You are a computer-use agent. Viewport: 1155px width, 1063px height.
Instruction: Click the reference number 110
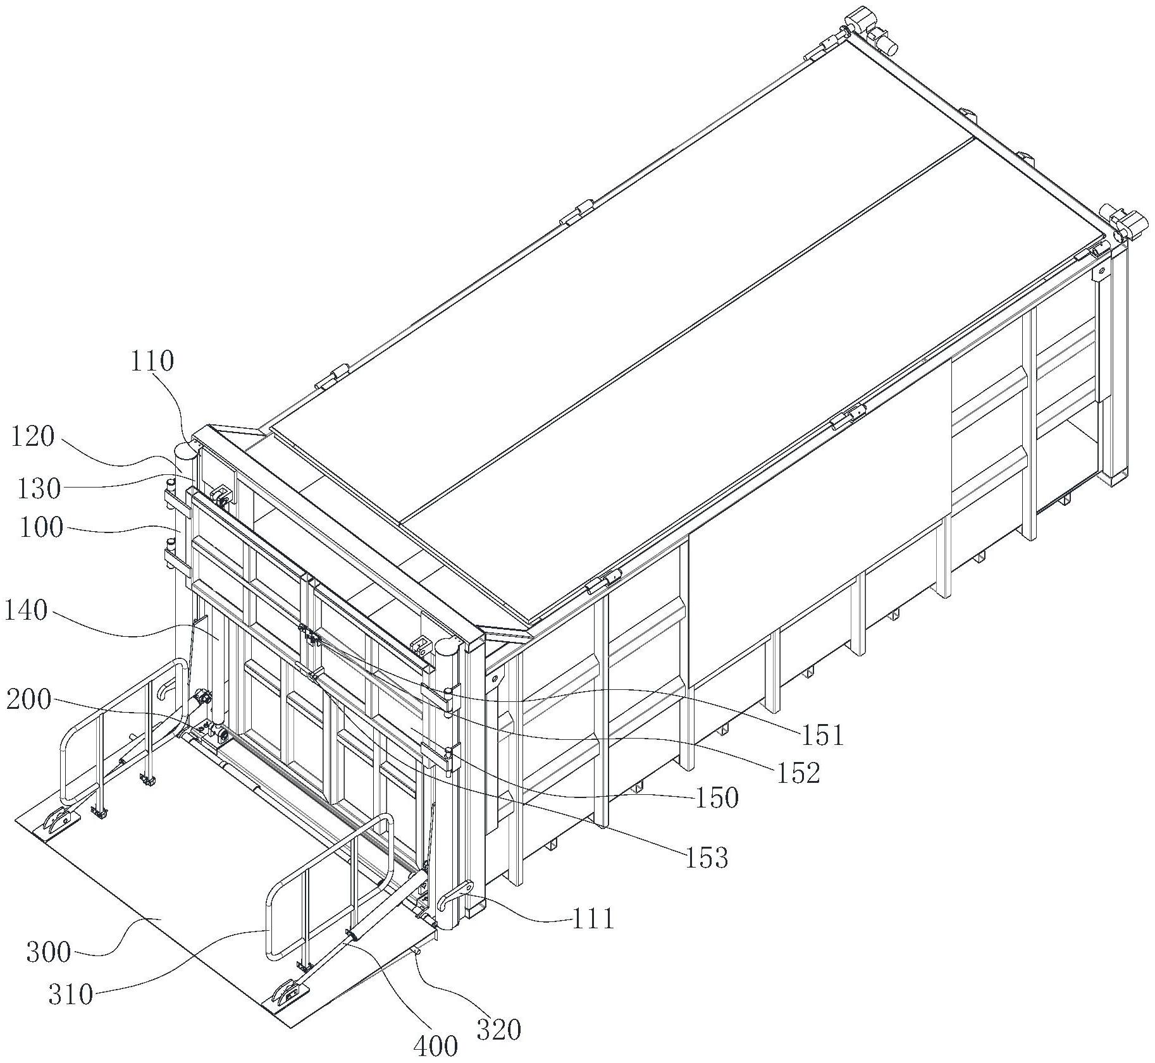152,362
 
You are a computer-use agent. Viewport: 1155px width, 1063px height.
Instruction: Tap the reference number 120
32,437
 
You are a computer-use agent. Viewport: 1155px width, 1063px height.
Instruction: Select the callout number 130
40,488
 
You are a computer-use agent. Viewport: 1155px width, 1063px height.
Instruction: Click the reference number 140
26,611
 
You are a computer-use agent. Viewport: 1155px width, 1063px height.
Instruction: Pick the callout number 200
28,700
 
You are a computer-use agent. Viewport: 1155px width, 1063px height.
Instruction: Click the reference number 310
71,995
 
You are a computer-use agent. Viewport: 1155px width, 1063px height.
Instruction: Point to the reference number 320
499,1029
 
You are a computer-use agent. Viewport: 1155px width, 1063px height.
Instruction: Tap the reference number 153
707,858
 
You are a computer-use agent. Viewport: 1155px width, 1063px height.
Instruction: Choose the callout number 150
717,798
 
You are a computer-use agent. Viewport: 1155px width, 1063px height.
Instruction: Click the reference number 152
798,772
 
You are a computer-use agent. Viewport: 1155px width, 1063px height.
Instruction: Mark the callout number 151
823,735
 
